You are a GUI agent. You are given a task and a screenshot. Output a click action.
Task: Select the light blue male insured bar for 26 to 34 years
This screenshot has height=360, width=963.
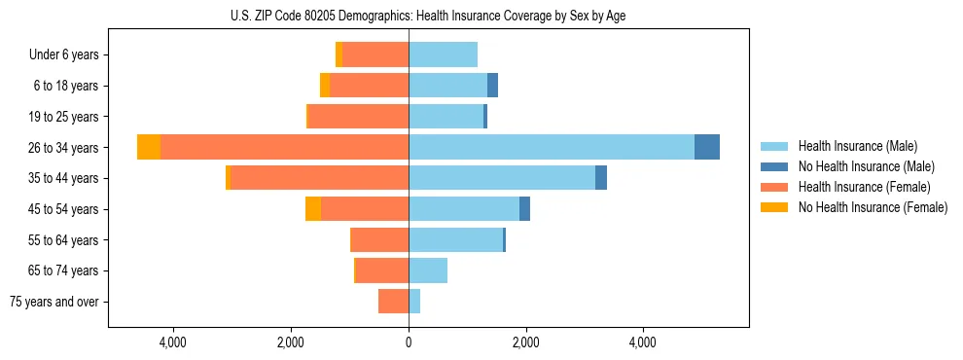(x=552, y=147)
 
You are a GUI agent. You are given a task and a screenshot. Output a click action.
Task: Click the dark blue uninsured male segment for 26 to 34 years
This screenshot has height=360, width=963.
(x=707, y=147)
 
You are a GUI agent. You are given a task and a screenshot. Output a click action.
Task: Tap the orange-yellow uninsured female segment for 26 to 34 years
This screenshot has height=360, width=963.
(x=149, y=147)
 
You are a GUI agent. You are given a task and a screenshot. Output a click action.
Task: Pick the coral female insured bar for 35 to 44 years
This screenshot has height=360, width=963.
(x=319, y=178)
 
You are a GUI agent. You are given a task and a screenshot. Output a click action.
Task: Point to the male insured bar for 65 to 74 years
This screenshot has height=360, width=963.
(x=428, y=270)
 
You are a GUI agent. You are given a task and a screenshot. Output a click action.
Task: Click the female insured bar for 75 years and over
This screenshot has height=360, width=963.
(x=393, y=302)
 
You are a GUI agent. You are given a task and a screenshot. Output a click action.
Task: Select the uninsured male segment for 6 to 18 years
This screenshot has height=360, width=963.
(x=492, y=86)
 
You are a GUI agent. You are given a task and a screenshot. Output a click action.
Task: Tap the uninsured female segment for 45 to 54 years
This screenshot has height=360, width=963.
(x=313, y=209)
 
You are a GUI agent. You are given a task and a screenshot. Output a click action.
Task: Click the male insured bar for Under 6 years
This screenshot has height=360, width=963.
(x=443, y=54)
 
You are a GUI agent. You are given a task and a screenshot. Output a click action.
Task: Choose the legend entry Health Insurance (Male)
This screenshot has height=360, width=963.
(x=857, y=146)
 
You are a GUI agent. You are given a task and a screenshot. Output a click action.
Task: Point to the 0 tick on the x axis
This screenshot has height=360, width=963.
(x=409, y=343)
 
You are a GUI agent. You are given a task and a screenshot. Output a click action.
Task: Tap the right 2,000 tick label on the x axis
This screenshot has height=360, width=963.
(x=525, y=343)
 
